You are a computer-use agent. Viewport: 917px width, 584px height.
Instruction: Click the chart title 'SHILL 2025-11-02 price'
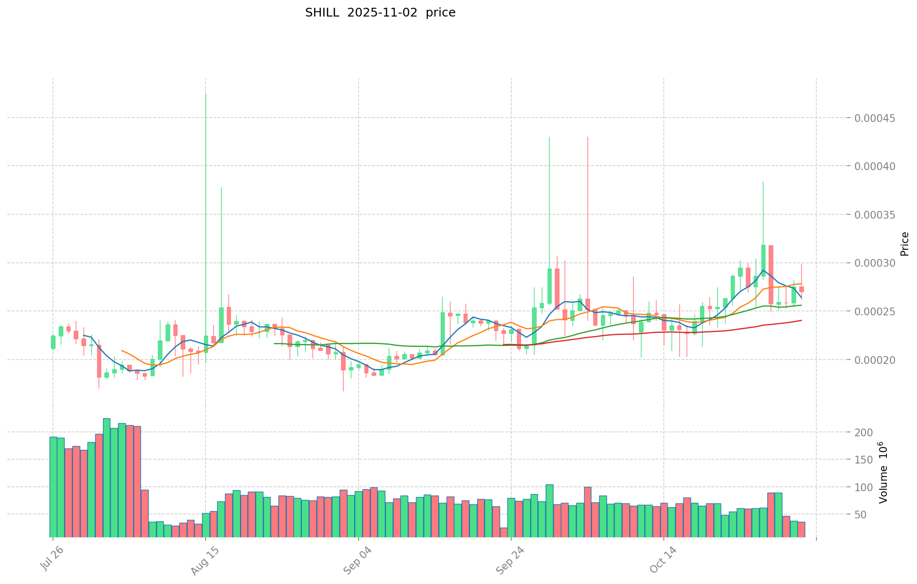click(380, 13)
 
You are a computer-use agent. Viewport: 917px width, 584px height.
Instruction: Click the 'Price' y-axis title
click(904, 244)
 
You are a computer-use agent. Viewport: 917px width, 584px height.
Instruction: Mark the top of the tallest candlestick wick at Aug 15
click(206, 94)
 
